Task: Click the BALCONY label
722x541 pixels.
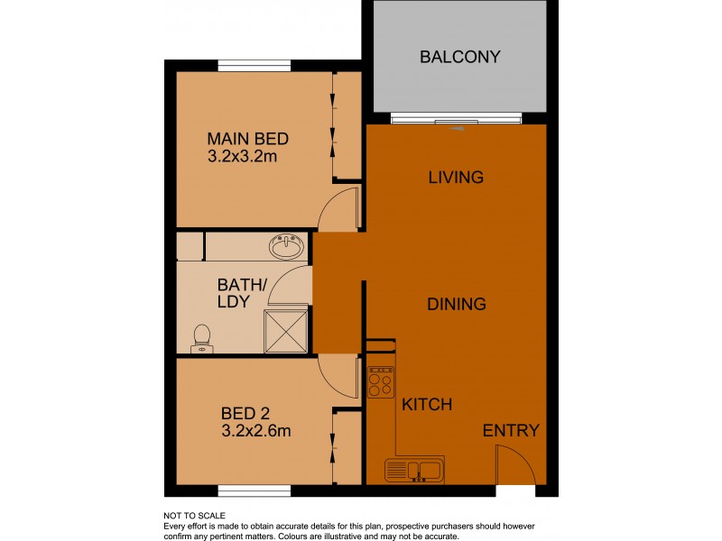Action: tap(459, 58)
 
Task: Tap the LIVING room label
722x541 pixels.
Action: tap(456, 177)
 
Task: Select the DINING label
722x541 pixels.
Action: tap(456, 304)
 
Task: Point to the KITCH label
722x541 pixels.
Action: tap(427, 404)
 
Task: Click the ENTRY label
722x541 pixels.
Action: tap(511, 430)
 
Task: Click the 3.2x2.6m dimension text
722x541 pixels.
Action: tap(256, 430)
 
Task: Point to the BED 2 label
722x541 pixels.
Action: tap(245, 413)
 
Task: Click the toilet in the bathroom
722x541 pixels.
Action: tap(202, 337)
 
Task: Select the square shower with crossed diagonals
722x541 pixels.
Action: tap(287, 330)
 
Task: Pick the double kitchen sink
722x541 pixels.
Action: tap(413, 470)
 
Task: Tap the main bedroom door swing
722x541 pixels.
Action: tap(339, 208)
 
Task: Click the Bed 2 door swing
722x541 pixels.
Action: tap(338, 375)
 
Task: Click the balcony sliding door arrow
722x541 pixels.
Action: tap(457, 129)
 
